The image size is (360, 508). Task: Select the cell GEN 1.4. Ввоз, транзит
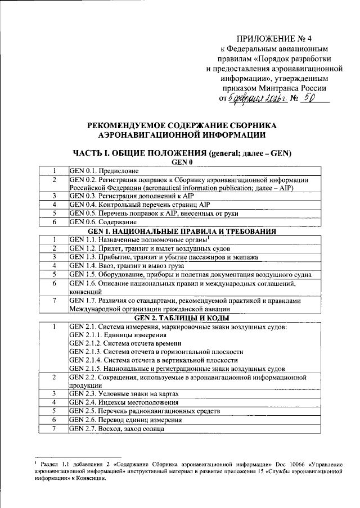coord(120,265)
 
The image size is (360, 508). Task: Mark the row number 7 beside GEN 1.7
coord(53,301)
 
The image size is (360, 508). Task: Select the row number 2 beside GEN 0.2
coord(53,180)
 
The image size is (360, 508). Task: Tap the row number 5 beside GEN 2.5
coord(53,411)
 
